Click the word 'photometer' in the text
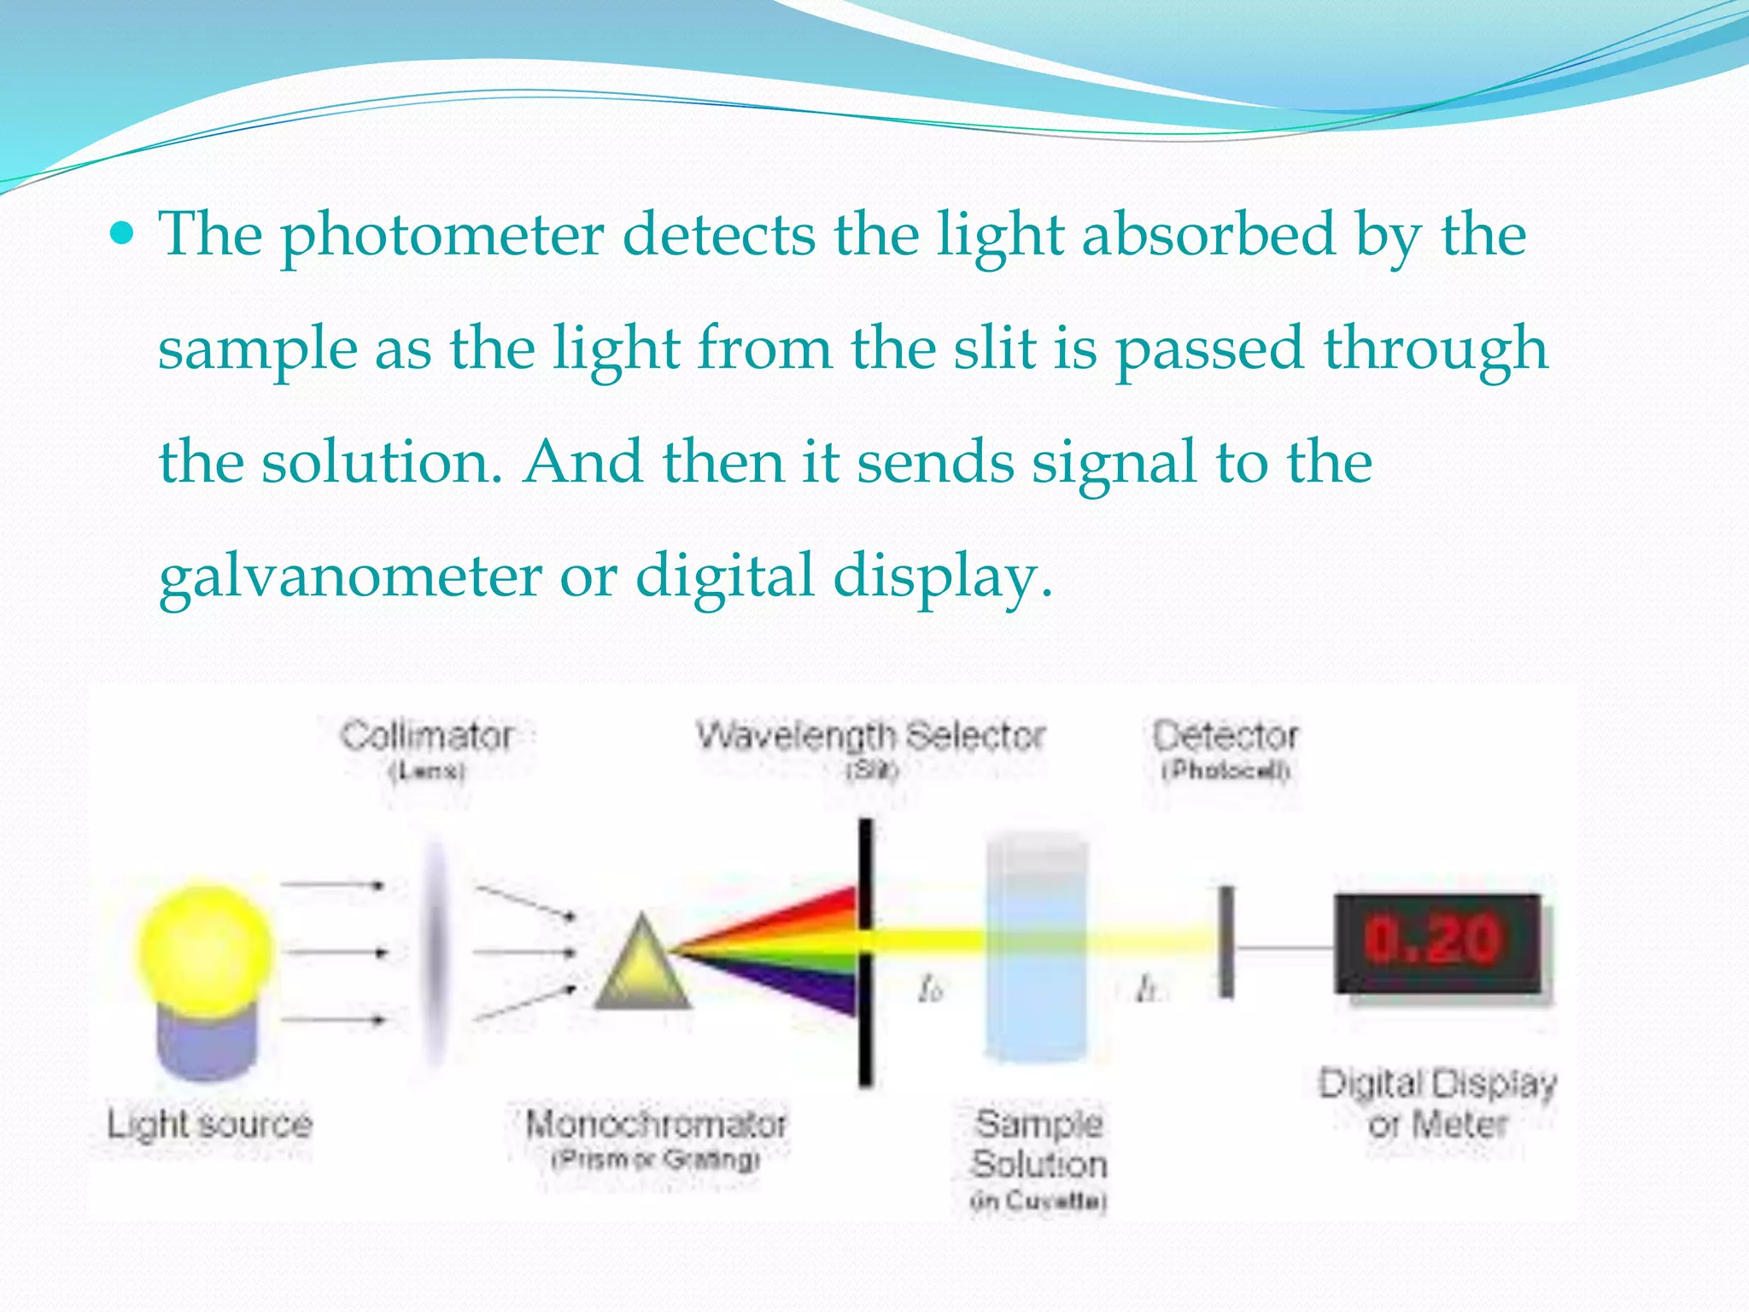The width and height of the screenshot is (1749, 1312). point(442,235)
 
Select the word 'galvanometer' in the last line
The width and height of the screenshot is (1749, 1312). point(350,577)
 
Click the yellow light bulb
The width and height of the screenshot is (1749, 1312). point(205,946)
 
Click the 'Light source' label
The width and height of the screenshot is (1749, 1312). point(209,1124)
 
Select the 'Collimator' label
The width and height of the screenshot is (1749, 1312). point(427,736)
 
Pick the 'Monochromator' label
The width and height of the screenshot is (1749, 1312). point(655,1124)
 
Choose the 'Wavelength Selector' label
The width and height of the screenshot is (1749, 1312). point(870,736)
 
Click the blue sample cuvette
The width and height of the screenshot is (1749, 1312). point(1037,948)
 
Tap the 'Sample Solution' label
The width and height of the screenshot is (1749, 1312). point(1038,1145)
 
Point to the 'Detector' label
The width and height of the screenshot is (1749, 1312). point(1225,736)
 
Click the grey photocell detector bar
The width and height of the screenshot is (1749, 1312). point(1226,942)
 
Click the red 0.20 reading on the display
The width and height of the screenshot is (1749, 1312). point(1432,940)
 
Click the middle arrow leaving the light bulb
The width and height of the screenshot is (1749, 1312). point(335,952)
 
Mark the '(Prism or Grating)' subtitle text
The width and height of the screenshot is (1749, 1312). point(655,1160)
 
